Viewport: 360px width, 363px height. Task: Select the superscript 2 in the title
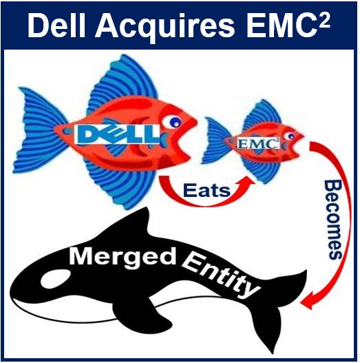click(324, 20)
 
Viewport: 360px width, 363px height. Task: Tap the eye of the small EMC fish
click(289, 136)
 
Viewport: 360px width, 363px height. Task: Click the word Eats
click(207, 191)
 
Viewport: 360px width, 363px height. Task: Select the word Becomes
click(333, 220)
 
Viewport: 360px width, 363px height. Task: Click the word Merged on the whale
click(123, 256)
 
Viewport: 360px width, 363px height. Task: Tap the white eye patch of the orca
click(56, 278)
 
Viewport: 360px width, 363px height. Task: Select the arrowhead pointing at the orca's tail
click(307, 301)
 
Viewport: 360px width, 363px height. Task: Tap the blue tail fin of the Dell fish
click(39, 132)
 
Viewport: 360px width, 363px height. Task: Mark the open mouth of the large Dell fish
click(187, 140)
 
